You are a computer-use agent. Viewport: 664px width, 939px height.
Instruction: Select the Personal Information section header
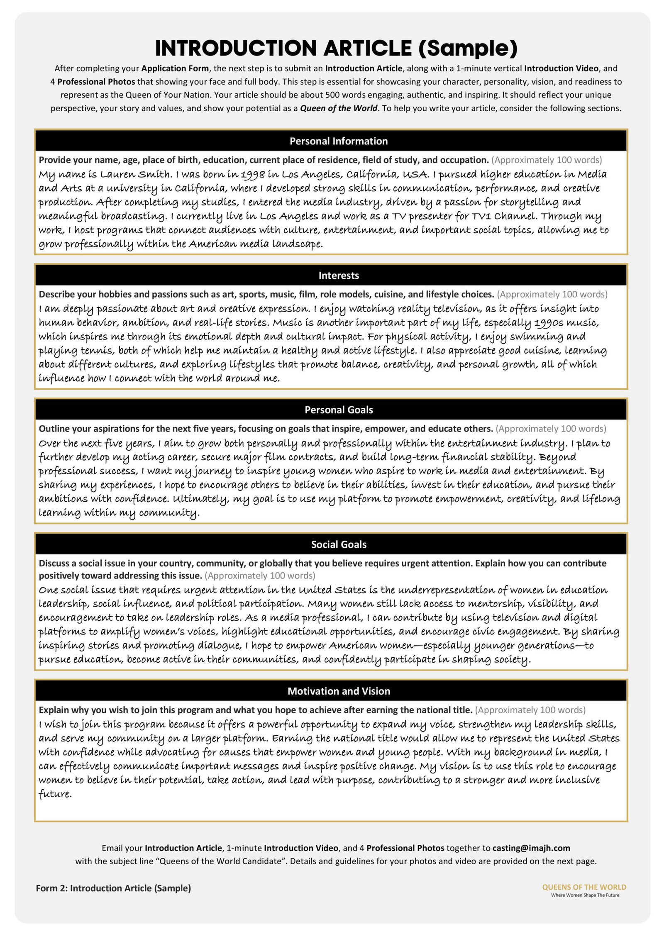coord(338,141)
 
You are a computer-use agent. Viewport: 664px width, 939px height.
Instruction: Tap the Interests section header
coord(338,276)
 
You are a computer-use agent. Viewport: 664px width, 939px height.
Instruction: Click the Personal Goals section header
coord(338,410)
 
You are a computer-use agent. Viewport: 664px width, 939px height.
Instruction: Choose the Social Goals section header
coord(338,544)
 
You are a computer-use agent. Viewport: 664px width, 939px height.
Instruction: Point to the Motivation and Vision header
coord(338,691)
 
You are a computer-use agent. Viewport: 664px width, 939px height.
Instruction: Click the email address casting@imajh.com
coord(531,848)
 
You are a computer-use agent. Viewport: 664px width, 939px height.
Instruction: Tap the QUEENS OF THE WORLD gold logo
coord(583,887)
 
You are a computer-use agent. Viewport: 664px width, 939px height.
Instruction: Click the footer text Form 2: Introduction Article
coord(113,888)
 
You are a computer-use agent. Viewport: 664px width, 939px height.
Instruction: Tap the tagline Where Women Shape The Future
coord(585,895)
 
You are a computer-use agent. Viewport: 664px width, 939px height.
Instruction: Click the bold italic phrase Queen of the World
coord(338,108)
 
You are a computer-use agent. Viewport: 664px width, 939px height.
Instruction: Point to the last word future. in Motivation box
coord(55,794)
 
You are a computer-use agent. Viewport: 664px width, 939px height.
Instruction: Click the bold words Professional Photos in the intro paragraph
coord(96,82)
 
